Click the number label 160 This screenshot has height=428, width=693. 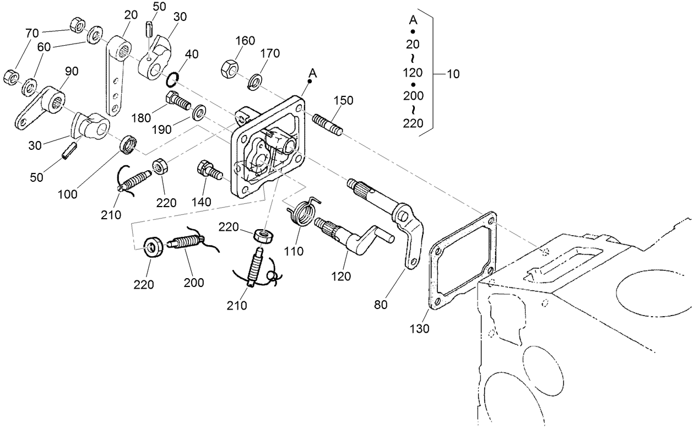245,40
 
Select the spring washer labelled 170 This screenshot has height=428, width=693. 255,80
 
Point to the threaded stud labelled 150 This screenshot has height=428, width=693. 328,124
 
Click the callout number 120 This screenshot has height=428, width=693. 341,276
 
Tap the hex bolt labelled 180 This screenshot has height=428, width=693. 178,100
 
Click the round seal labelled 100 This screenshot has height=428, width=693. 129,144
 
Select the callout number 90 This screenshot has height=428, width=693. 72,71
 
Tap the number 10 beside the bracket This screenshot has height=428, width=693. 453,73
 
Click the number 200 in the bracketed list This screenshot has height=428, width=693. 413,96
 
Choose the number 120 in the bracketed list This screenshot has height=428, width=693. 413,72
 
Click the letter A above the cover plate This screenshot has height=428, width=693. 313,73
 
